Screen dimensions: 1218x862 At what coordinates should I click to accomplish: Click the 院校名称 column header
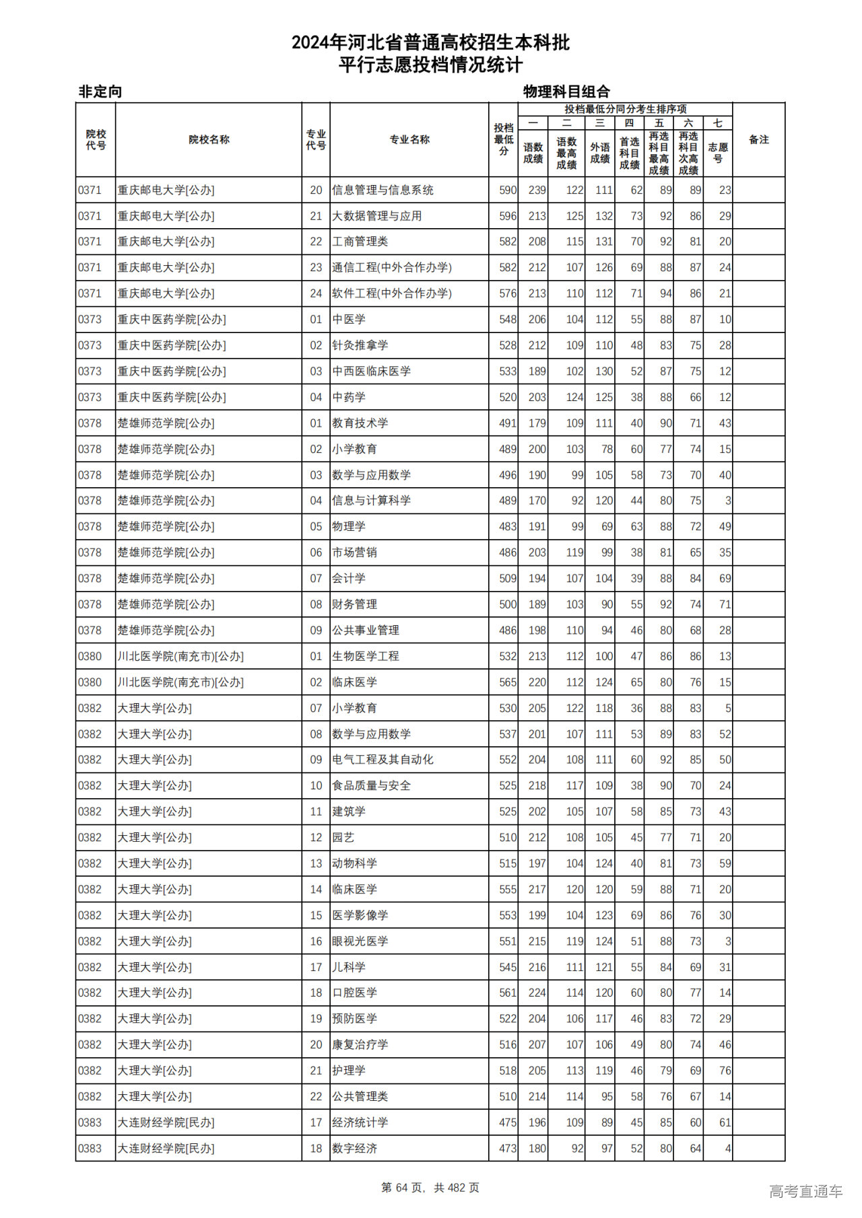tap(209, 140)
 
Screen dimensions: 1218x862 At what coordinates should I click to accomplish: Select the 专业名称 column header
tap(409, 140)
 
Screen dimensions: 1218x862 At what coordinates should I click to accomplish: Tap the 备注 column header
tap(758, 140)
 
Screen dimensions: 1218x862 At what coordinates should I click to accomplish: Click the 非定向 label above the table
tap(100, 92)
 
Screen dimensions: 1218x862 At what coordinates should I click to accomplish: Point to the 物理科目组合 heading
tap(566, 92)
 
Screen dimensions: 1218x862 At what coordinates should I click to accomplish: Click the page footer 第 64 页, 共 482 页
tap(430, 1188)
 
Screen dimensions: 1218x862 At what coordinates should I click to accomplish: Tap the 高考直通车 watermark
tap(805, 1191)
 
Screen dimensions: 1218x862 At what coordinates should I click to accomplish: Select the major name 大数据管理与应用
tap(376, 216)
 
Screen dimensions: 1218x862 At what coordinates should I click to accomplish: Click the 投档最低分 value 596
tap(508, 216)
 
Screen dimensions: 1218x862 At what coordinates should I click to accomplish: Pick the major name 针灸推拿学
tap(360, 345)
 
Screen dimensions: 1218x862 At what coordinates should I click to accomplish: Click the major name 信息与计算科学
tap(371, 501)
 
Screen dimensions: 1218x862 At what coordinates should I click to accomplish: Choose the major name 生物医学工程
tap(365, 656)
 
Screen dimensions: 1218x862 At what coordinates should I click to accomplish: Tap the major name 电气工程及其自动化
tap(383, 760)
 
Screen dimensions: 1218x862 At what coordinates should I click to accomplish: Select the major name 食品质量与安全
tap(371, 785)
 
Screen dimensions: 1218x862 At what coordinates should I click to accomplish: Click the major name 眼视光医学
tap(360, 941)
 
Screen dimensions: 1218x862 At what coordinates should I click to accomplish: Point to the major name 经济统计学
tap(360, 1122)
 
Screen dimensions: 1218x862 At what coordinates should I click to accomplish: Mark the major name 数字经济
tap(354, 1149)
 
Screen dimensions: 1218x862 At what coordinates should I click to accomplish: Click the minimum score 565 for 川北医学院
tap(508, 682)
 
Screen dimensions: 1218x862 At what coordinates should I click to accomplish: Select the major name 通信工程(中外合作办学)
tap(391, 268)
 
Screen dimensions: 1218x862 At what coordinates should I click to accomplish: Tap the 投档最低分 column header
tap(503, 140)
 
